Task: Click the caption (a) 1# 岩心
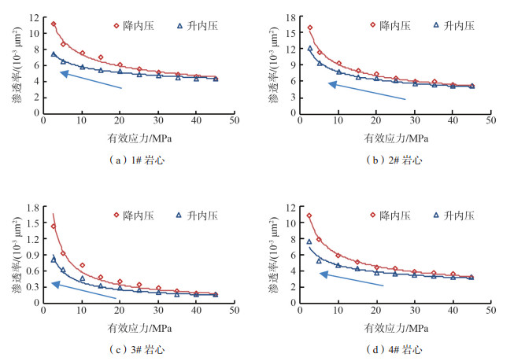(138, 159)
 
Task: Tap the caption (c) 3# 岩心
(138, 348)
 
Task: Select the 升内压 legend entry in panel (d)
(453, 215)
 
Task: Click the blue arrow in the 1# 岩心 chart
(91, 80)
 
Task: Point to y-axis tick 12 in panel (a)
(32, 17)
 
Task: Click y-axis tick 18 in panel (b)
(289, 17)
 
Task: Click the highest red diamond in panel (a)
(54, 24)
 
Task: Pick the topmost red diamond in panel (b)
(310, 28)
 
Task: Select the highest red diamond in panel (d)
(309, 215)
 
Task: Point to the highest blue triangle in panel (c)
(54, 259)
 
